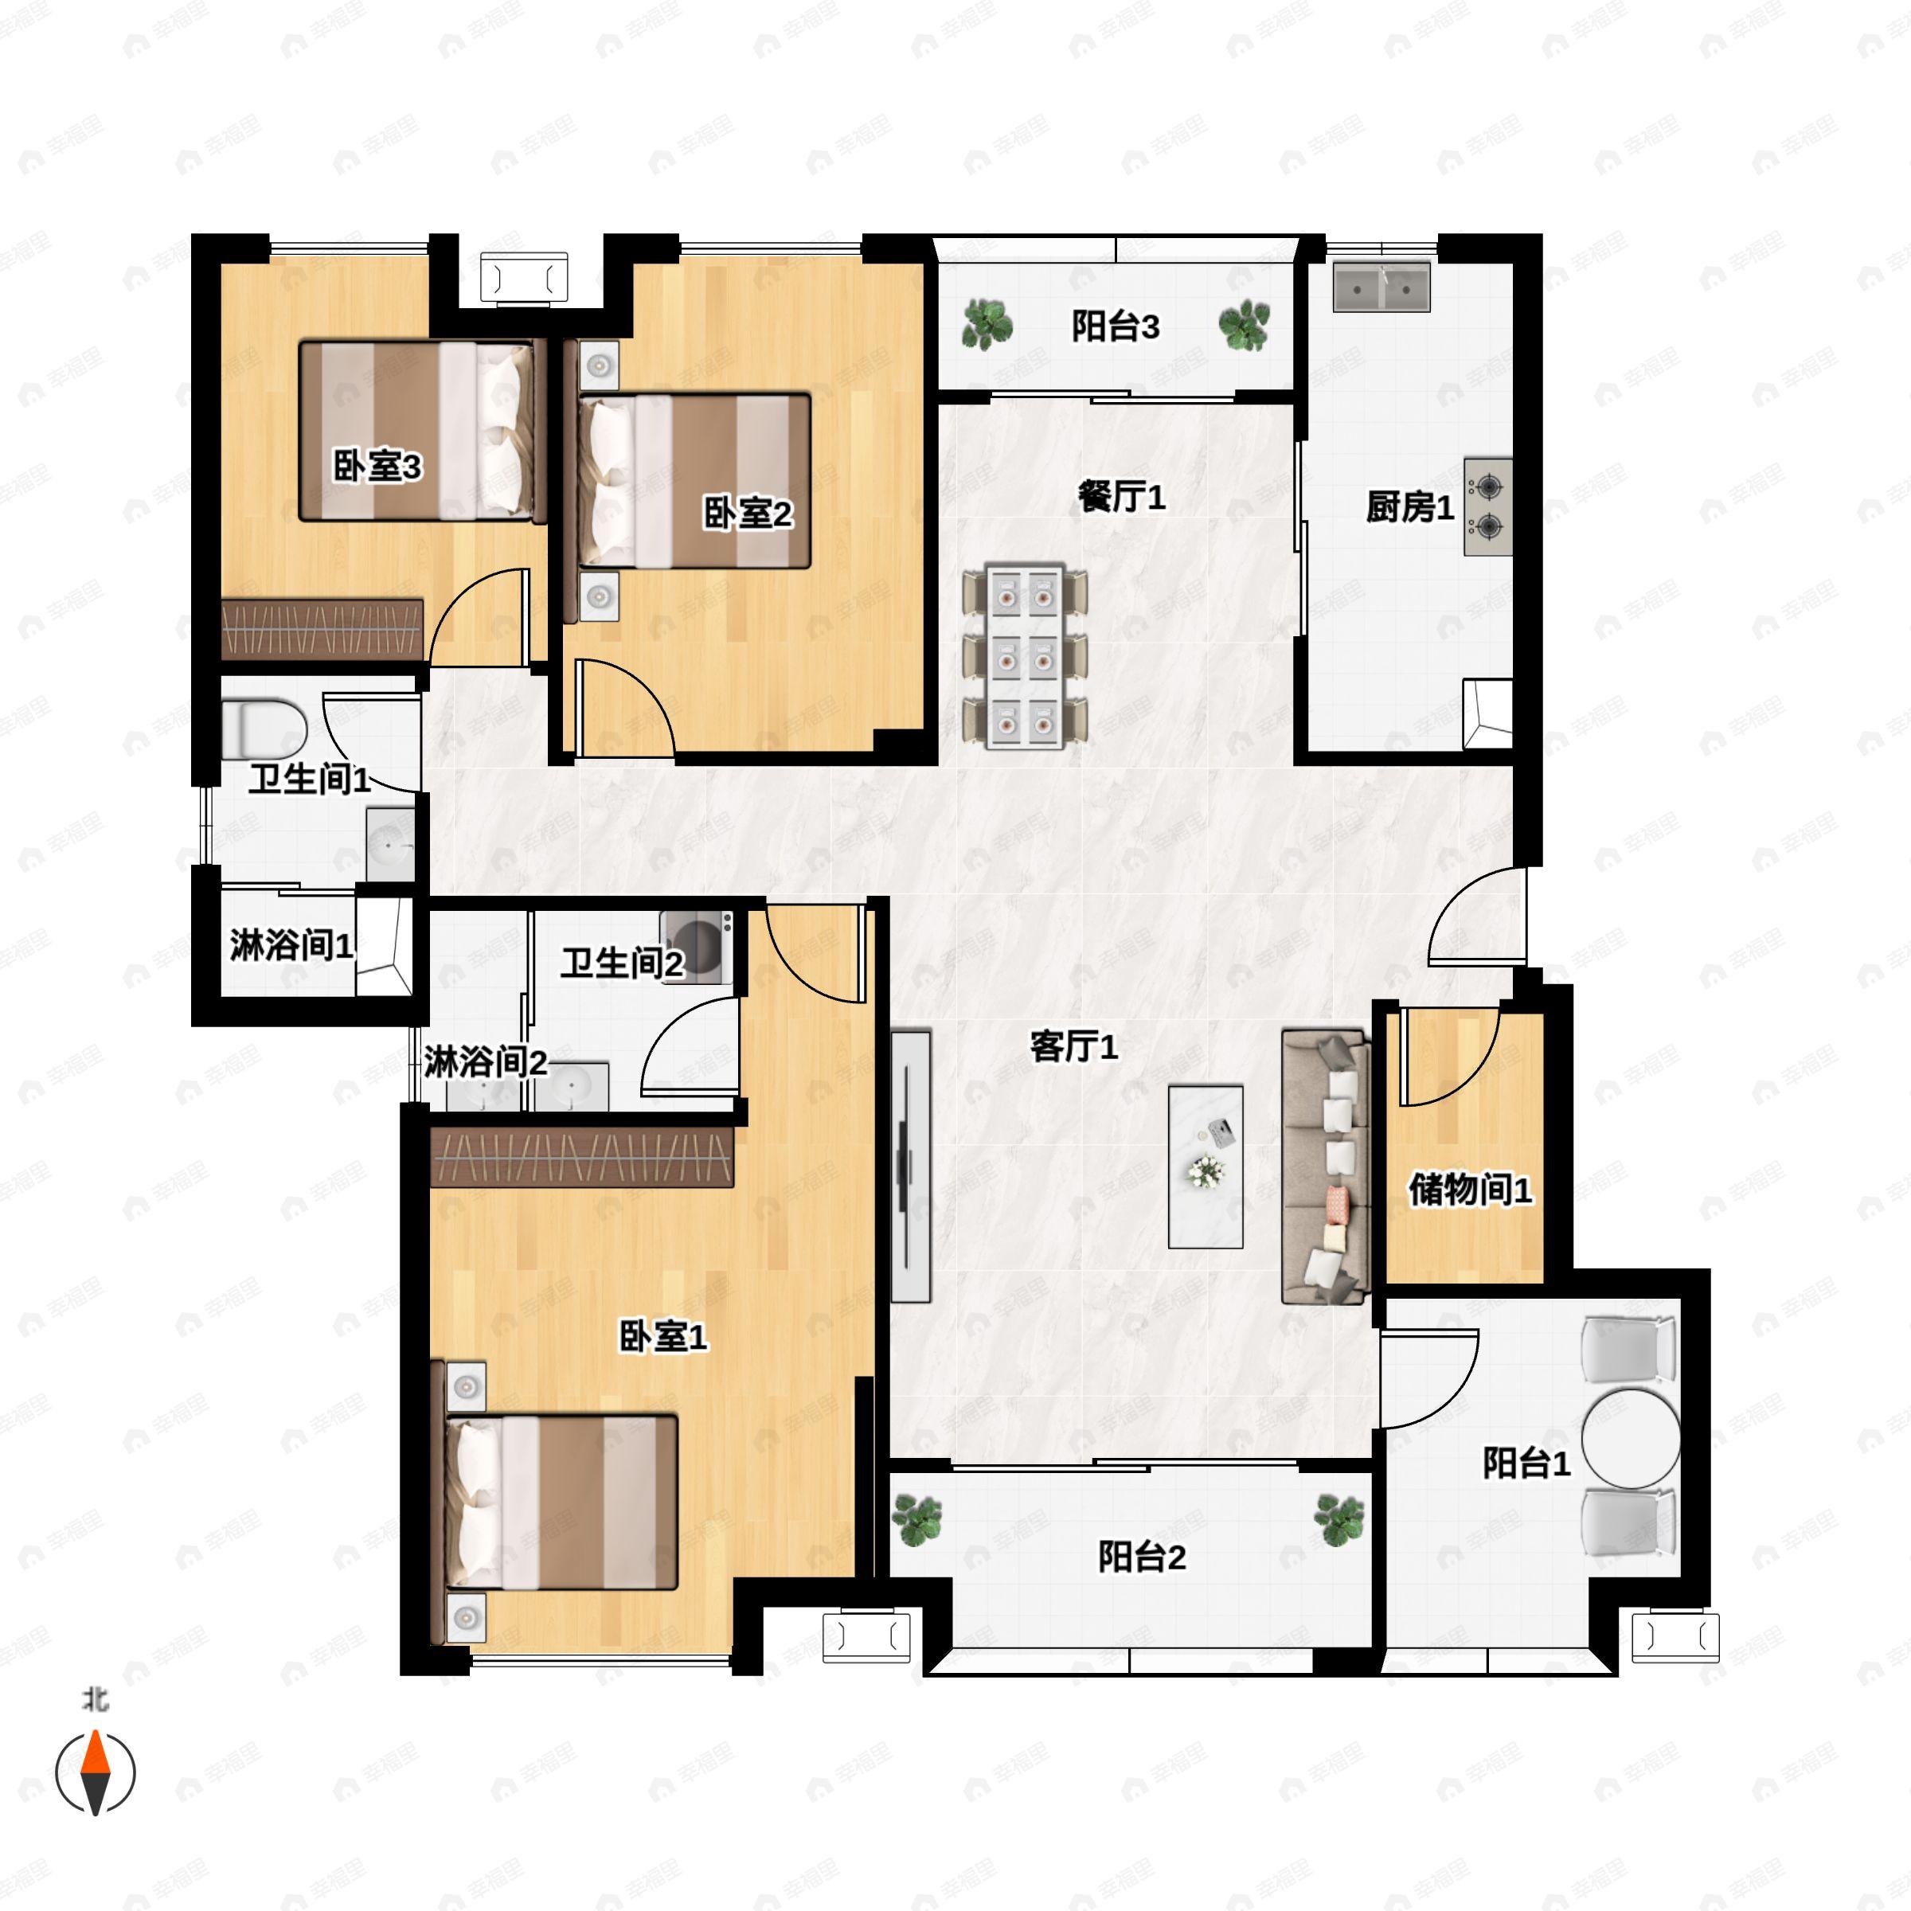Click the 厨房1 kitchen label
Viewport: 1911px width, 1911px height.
pyautogui.click(x=1409, y=507)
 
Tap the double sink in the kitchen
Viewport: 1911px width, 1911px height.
pyautogui.click(x=1381, y=287)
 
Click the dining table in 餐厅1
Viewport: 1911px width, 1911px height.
pyautogui.click(x=1025, y=656)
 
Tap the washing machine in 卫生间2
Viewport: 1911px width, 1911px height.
pyautogui.click(x=698, y=947)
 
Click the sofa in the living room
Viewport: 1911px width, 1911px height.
pyautogui.click(x=1327, y=1167)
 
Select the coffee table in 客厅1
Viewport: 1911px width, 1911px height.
pyautogui.click(x=1206, y=1167)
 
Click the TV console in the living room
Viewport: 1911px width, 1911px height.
pyautogui.click(x=911, y=1167)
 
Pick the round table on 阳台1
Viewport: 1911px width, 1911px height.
pyautogui.click(x=1631, y=1437)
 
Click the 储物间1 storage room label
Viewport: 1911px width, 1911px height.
pyautogui.click(x=1470, y=1189)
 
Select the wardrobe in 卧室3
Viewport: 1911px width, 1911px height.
pyautogui.click(x=322, y=629)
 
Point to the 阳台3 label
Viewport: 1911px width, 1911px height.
pyautogui.click(x=1116, y=326)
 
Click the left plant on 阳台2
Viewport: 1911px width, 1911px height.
pyautogui.click(x=917, y=1518)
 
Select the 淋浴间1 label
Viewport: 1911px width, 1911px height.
pyautogui.click(x=291, y=944)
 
